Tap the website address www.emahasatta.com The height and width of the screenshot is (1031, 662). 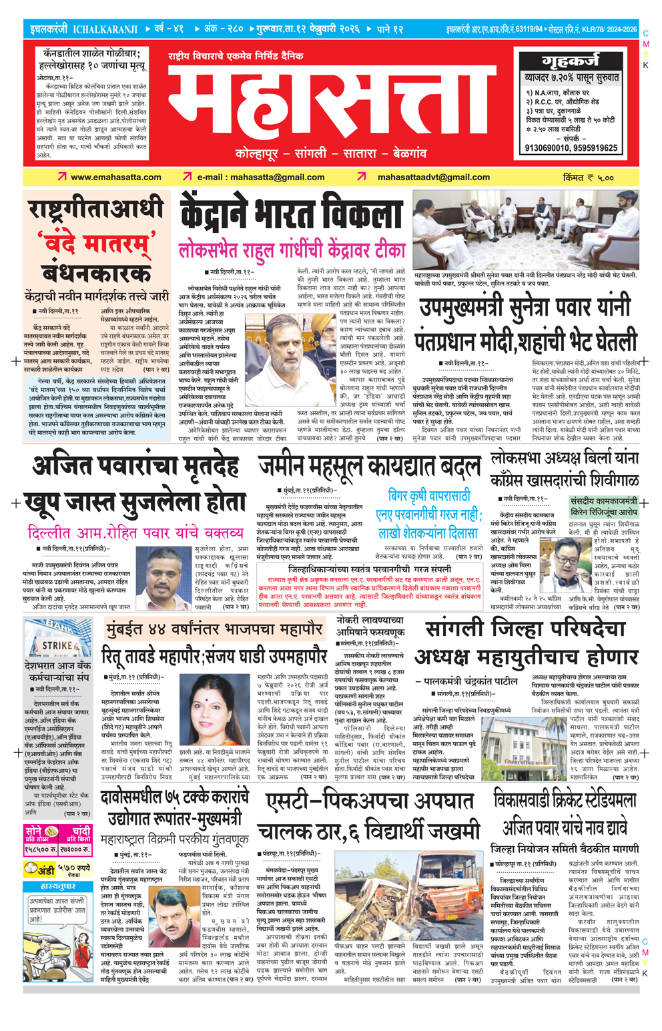116,178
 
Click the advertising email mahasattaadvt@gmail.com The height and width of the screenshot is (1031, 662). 434,178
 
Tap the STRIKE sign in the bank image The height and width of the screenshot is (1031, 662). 58,645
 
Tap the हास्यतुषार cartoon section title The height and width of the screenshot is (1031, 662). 57,886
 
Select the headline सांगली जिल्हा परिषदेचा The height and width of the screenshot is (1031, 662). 525,630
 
